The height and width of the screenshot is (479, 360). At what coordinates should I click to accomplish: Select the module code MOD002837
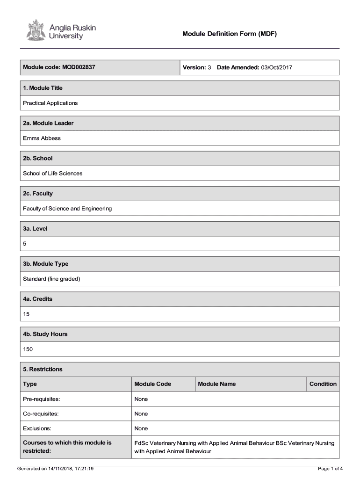tap(78, 67)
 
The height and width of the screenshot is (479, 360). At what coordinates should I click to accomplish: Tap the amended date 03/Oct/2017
tap(276, 67)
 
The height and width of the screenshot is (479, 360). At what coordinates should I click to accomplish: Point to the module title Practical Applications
tap(50, 103)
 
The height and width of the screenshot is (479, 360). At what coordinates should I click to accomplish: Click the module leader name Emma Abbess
tap(42, 138)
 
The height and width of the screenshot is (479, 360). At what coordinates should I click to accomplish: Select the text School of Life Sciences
tap(53, 173)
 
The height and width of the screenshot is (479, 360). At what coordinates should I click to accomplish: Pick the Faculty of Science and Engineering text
tap(67, 208)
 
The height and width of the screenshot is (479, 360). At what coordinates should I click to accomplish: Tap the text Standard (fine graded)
tap(52, 279)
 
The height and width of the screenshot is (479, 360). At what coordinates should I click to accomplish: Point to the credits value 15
tap(26, 314)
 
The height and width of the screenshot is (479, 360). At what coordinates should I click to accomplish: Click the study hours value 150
tap(28, 349)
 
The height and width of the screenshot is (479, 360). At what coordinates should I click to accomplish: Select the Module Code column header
tap(153, 384)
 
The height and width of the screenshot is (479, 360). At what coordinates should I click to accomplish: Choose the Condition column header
tap(323, 384)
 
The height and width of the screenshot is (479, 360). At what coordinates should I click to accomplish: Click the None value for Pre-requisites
tap(141, 399)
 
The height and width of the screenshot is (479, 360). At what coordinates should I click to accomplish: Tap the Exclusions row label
tap(37, 428)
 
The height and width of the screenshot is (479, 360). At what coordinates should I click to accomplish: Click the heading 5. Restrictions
tap(43, 369)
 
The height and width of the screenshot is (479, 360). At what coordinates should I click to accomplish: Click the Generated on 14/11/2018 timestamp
tap(56, 468)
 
